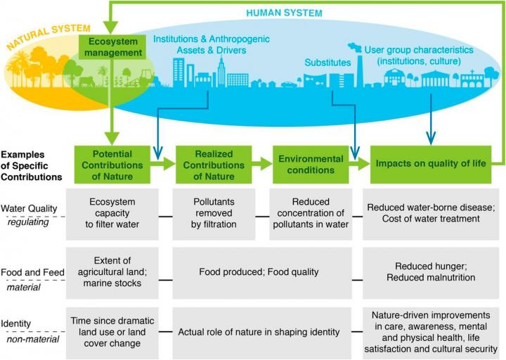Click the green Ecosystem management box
click(112, 47)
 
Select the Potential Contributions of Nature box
click(112, 164)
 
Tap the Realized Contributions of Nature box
click(209, 164)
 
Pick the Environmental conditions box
click(310, 164)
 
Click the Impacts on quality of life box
click(429, 164)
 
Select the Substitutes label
click(327, 63)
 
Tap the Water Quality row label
click(30, 208)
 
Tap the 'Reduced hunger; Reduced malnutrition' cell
click(429, 271)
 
